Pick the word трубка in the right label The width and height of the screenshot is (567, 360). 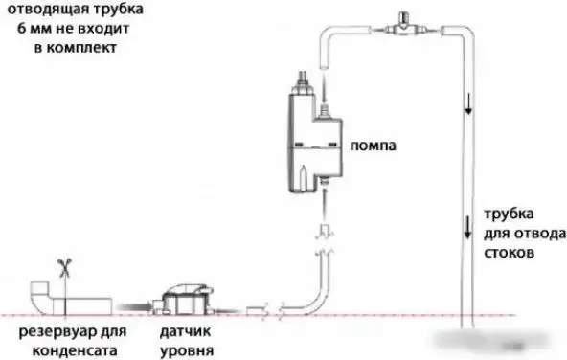[x=510, y=214]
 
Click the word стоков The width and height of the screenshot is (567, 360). [x=508, y=254]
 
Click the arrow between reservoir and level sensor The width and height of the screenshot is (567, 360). [x=138, y=303]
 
